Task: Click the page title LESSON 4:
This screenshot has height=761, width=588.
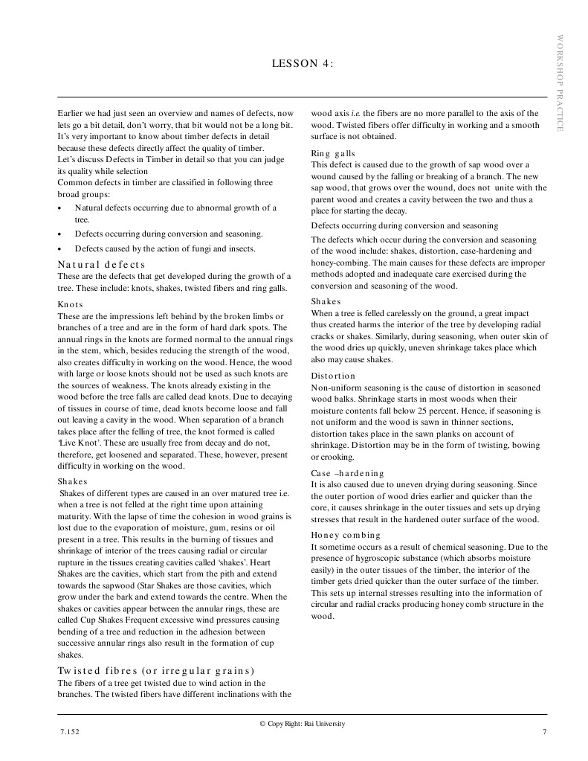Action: [x=303, y=64]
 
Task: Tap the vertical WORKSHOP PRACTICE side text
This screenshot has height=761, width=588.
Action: [x=560, y=83]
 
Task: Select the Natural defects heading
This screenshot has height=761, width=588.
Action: [x=101, y=264]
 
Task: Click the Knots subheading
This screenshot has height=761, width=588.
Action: [x=71, y=304]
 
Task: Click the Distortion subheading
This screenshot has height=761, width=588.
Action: [x=333, y=376]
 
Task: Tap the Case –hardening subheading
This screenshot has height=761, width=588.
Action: [x=347, y=473]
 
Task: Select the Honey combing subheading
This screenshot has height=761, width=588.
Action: [x=345, y=535]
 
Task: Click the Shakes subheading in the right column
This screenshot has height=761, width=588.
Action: [x=326, y=301]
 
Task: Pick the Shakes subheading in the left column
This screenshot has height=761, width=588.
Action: [x=72, y=481]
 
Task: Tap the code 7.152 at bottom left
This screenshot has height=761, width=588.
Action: [x=70, y=733]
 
